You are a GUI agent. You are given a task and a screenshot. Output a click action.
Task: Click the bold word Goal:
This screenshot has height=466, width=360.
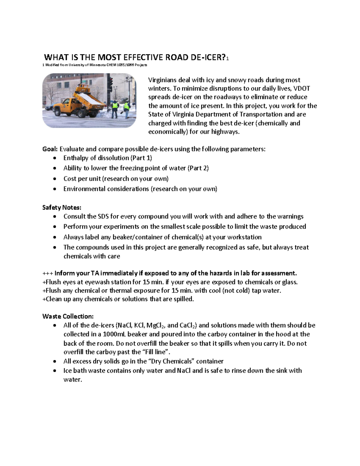[50, 149]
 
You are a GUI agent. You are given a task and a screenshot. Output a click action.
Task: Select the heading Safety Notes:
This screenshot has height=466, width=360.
[62, 207]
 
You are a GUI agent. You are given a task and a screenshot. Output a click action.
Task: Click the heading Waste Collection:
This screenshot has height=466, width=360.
[68, 316]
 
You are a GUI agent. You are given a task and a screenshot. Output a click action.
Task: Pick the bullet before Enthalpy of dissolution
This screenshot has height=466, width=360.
[54, 158]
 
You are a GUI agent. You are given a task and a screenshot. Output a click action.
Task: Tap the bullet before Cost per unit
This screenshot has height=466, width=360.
[54, 179]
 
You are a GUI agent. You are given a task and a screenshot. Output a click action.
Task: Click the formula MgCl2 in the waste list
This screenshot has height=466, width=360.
[156, 326]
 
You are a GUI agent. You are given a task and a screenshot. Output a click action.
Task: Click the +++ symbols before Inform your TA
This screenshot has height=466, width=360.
[48, 273]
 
